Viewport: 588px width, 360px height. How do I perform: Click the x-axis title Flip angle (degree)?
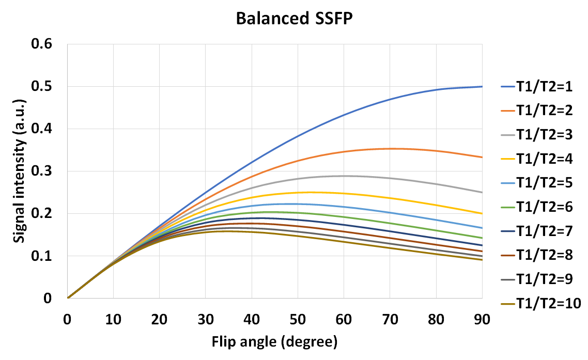tap(274, 341)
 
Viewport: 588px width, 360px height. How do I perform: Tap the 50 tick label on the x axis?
tap(298, 320)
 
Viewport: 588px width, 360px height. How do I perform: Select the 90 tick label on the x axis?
tap(482, 320)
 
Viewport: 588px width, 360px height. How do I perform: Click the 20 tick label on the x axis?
tap(159, 320)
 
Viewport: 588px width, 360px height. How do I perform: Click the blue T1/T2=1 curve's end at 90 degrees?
tap(482, 87)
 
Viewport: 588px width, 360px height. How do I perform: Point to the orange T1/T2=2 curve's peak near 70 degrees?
tap(391, 149)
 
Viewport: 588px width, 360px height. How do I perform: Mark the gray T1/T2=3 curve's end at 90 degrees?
tap(482, 192)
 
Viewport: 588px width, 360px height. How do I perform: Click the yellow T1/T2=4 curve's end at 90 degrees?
tap(482, 213)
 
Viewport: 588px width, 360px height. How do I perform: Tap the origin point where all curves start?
tap(68, 298)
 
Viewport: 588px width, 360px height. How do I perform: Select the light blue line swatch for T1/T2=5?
tap(510, 183)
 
